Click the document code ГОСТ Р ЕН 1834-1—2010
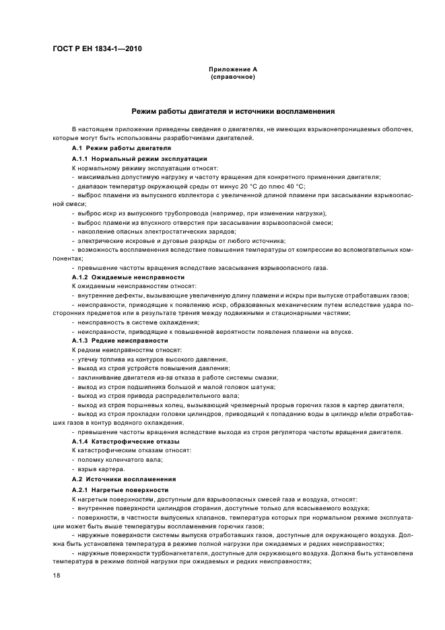pos(98,48)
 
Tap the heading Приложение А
pos(232,69)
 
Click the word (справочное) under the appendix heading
pos(232,77)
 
